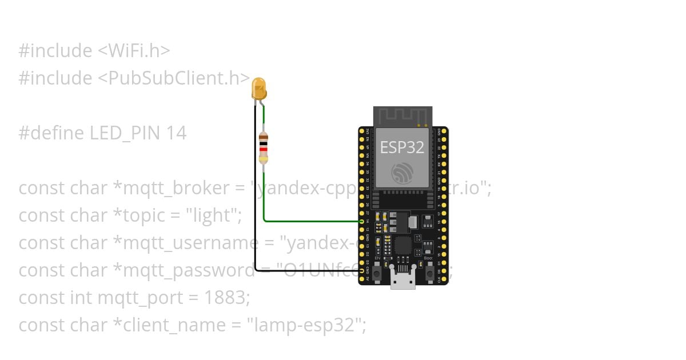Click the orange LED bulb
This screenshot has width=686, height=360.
click(259, 89)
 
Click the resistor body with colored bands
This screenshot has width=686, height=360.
click(264, 148)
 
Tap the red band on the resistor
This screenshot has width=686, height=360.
click(264, 150)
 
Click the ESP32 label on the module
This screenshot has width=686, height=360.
click(402, 147)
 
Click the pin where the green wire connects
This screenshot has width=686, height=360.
click(362, 221)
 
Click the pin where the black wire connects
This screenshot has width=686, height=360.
click(362, 271)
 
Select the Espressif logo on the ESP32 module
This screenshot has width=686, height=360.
click(402, 173)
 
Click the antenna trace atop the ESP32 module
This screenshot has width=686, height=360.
click(402, 117)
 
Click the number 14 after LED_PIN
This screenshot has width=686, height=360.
click(177, 133)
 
